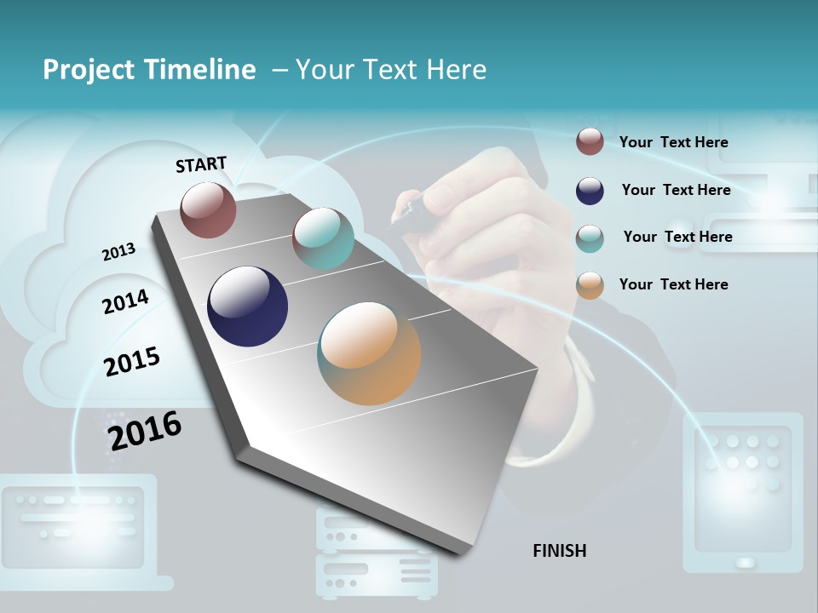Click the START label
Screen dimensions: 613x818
pyautogui.click(x=201, y=164)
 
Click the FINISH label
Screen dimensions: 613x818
pyautogui.click(x=559, y=551)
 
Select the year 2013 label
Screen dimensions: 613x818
pyautogui.click(x=118, y=252)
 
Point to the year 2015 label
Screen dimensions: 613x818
pyautogui.click(x=132, y=362)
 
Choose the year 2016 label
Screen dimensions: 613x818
pyautogui.click(x=145, y=431)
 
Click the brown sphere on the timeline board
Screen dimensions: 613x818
pyautogui.click(x=208, y=209)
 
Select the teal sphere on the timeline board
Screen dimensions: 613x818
pyautogui.click(x=323, y=238)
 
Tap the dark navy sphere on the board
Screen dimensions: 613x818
pyautogui.click(x=247, y=306)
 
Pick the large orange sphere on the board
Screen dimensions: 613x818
pyautogui.click(x=369, y=353)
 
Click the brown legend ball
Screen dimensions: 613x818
pyautogui.click(x=590, y=141)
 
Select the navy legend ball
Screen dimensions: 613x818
pyautogui.click(x=590, y=191)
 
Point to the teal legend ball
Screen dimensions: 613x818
pyautogui.click(x=590, y=238)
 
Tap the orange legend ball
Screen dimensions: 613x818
pyautogui.click(x=590, y=285)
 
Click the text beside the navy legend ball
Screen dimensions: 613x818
pyautogui.click(x=676, y=190)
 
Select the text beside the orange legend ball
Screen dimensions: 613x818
pyautogui.click(x=673, y=284)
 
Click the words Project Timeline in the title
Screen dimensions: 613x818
pyautogui.click(x=149, y=70)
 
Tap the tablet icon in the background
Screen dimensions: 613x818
pyautogui.click(x=743, y=492)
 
